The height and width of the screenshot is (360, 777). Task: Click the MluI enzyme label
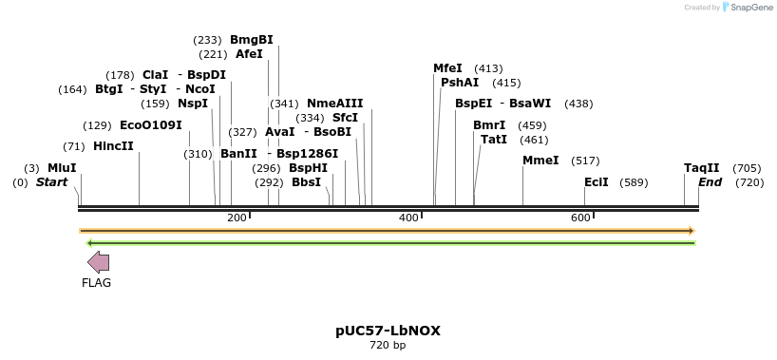pyautogui.click(x=62, y=168)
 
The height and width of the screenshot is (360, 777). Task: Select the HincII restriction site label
pyautogui.click(x=113, y=146)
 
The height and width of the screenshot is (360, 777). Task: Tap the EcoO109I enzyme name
pyautogui.click(x=150, y=125)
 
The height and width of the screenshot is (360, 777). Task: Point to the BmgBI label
pyautogui.click(x=251, y=40)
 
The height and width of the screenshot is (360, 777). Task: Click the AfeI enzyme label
pyautogui.click(x=249, y=54)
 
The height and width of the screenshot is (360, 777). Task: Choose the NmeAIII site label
pyautogui.click(x=334, y=104)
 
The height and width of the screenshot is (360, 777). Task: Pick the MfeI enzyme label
pyautogui.click(x=447, y=68)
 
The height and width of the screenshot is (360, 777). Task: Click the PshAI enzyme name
pyautogui.click(x=460, y=83)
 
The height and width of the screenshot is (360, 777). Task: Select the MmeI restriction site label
pyautogui.click(x=540, y=161)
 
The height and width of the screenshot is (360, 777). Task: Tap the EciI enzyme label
pyautogui.click(x=597, y=181)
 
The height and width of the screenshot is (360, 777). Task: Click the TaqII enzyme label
pyautogui.click(x=702, y=168)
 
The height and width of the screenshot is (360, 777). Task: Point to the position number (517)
pyautogui.click(x=586, y=161)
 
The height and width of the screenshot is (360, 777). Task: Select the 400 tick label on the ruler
pyautogui.click(x=408, y=218)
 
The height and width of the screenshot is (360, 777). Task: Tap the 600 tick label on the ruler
pyautogui.click(x=580, y=218)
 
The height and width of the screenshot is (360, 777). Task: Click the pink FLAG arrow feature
pyautogui.click(x=98, y=262)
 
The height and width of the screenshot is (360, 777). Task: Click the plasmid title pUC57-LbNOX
pyautogui.click(x=388, y=331)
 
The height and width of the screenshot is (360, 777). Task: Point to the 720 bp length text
pyautogui.click(x=388, y=345)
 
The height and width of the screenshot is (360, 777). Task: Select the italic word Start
pyautogui.click(x=52, y=181)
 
